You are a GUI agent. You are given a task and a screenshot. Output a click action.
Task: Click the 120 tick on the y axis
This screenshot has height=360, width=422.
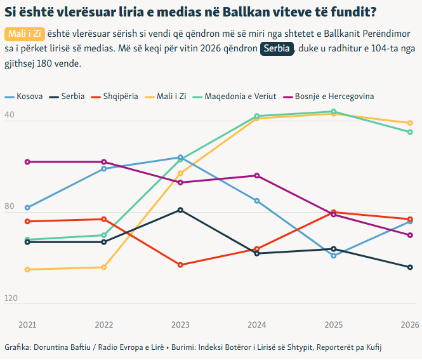click(11, 298)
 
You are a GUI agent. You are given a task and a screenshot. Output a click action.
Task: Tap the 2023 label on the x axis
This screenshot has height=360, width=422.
click(180, 325)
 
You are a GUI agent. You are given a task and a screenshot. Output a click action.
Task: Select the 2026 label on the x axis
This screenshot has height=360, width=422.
click(410, 325)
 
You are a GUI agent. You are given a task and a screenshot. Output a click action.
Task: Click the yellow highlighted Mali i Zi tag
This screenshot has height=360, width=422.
click(24, 33)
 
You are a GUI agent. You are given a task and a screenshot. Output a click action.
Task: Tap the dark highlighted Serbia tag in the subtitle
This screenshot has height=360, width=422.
click(277, 49)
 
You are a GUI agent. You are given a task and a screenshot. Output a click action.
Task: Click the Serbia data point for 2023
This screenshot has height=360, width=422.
click(180, 210)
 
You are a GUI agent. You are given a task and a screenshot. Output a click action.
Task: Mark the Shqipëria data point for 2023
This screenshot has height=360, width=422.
click(180, 265)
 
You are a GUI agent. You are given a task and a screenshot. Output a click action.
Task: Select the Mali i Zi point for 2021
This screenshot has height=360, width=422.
click(27, 270)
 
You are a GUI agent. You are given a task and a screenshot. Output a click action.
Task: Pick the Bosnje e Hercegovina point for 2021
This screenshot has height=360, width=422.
click(27, 162)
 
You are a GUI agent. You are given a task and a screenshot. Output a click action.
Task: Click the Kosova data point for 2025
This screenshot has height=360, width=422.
click(334, 256)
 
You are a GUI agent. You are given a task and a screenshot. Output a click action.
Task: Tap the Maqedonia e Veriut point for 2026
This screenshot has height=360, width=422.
click(410, 132)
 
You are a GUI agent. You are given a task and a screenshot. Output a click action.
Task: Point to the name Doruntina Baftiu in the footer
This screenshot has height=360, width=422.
click(62, 347)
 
